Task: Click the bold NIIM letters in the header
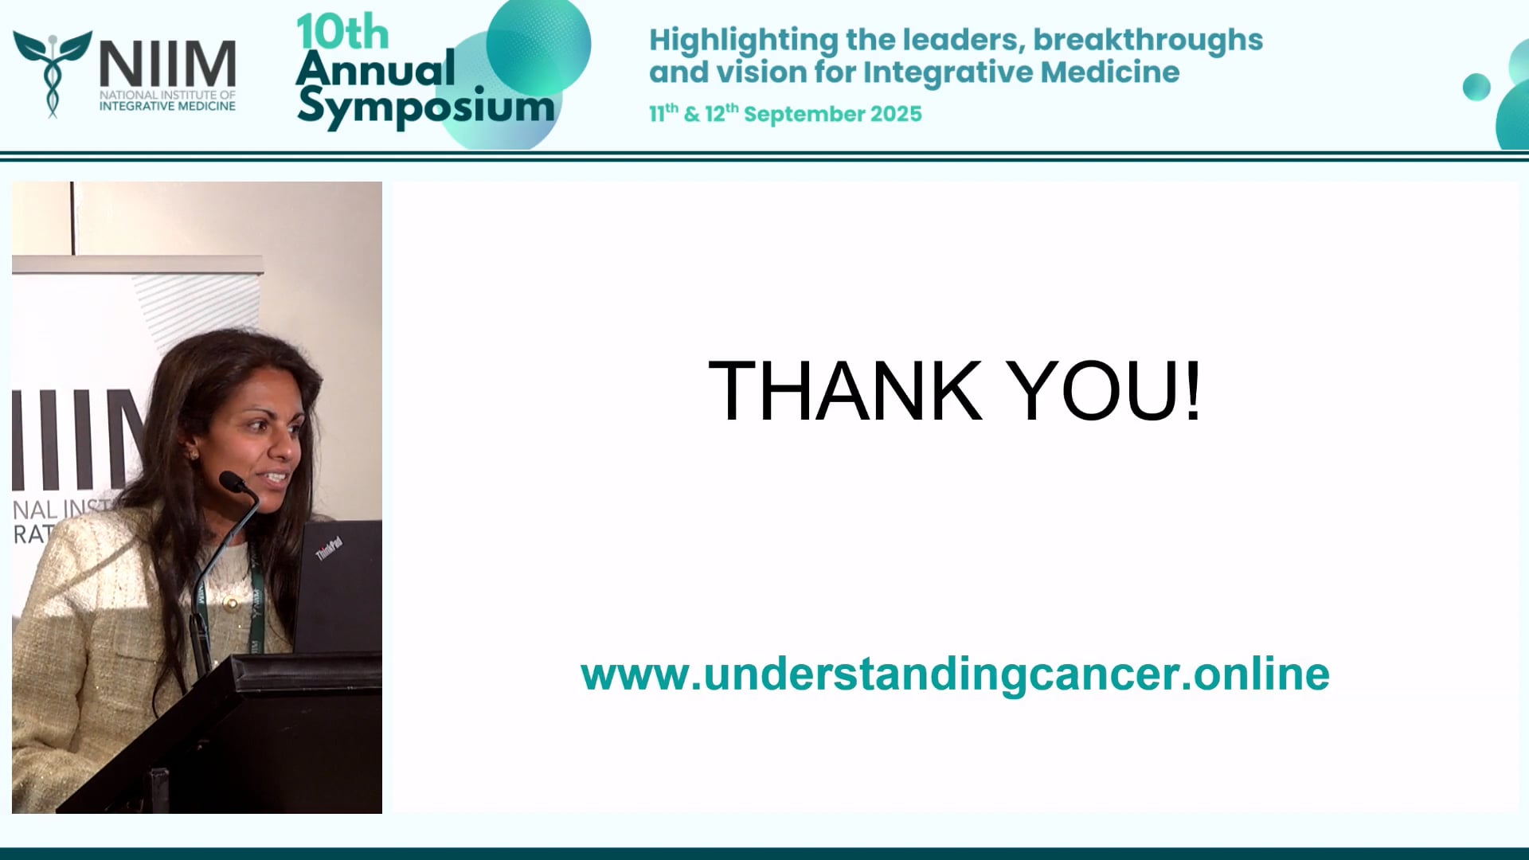click(x=167, y=64)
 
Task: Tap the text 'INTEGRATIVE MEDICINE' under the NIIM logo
click(x=167, y=106)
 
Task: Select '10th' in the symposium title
click(x=342, y=33)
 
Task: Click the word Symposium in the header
click(x=425, y=107)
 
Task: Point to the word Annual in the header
click(x=375, y=68)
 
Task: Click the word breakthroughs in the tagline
click(x=1148, y=40)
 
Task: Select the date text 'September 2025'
click(x=832, y=114)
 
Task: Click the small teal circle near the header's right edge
click(x=1476, y=87)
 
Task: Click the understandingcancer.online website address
click(x=955, y=674)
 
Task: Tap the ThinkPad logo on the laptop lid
click(x=329, y=548)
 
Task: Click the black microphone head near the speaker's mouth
click(x=232, y=481)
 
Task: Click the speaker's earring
click(x=192, y=454)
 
